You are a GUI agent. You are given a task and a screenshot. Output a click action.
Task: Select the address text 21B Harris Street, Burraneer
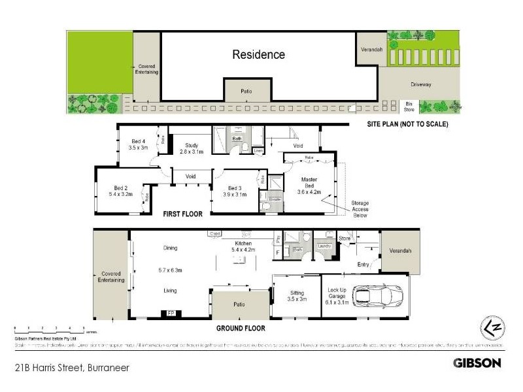click(x=71, y=368)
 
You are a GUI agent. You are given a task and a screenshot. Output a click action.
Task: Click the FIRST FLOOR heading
click(x=182, y=214)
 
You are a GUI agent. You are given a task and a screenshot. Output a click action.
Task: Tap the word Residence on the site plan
click(x=259, y=55)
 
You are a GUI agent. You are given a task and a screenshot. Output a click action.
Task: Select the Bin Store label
click(x=410, y=106)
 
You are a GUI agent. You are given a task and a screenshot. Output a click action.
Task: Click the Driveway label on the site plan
click(x=421, y=84)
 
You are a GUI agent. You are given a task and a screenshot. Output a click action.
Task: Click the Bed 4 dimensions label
click(x=139, y=148)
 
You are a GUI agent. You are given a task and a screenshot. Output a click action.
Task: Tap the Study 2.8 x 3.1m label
click(x=192, y=148)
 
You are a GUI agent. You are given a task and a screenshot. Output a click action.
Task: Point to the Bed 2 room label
click(x=122, y=191)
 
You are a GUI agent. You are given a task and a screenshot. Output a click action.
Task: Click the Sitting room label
click(x=296, y=295)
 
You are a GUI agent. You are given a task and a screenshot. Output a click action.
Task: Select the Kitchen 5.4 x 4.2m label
click(x=243, y=245)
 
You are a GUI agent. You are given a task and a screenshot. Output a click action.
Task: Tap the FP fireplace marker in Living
click(x=171, y=313)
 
